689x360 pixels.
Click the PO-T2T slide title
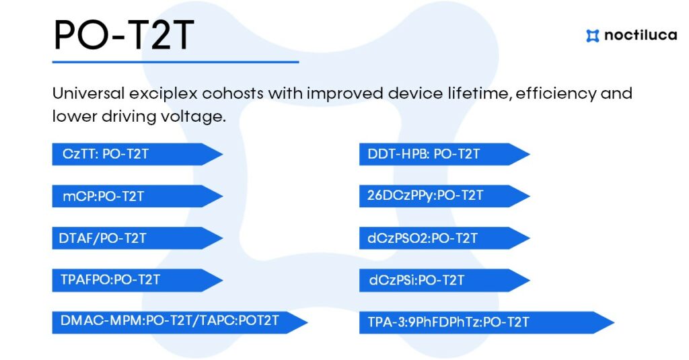click(124, 35)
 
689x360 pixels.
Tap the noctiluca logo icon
click(592, 36)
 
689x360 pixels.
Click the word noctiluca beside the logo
click(641, 35)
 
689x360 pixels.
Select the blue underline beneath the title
click(176, 62)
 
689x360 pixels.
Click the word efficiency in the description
click(556, 94)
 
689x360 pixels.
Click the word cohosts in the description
click(233, 93)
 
